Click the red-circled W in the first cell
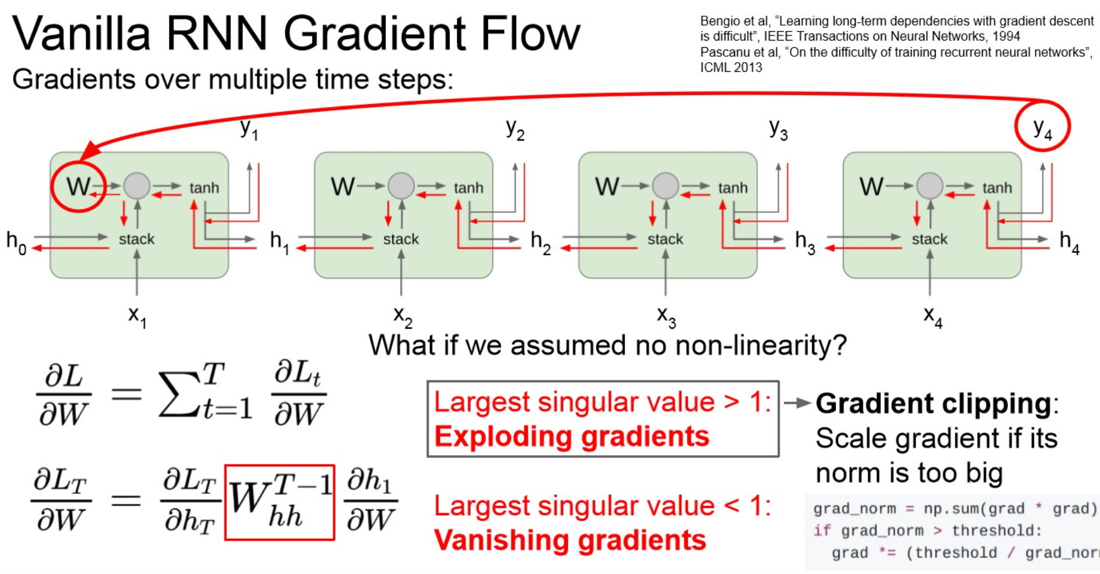78,187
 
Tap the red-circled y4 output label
1042,127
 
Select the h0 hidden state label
16,242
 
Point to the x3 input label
666,315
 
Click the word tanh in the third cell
732,188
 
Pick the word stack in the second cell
401,239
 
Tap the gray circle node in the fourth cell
929,186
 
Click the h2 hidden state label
540,242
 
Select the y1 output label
248,129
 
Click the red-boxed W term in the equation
279,502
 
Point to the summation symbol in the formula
179,394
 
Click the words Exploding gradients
571,436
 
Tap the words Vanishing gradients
570,540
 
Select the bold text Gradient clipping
933,404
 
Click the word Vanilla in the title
81,33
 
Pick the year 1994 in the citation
1006,36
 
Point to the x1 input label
137,315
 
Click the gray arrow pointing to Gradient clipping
797,403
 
